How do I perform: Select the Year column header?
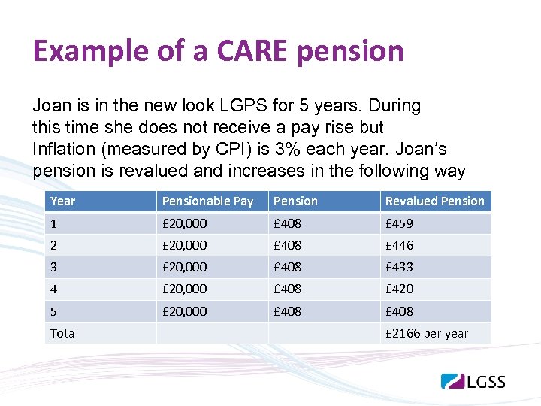pos(63,201)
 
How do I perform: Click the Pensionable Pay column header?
pos(208,201)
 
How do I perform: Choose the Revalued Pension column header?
pos(434,201)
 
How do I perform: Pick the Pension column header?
pos(295,201)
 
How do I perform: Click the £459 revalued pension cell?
pos(399,223)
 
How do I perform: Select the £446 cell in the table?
pos(399,245)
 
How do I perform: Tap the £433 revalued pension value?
pos(399,267)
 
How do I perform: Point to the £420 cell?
pos(399,289)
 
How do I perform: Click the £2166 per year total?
pos(426,333)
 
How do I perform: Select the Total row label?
pos(64,333)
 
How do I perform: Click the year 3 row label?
pos(53,267)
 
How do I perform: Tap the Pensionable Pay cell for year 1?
pos(184,223)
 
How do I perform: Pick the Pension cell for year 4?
pos(288,289)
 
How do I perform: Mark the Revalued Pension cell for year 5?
pos(399,311)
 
